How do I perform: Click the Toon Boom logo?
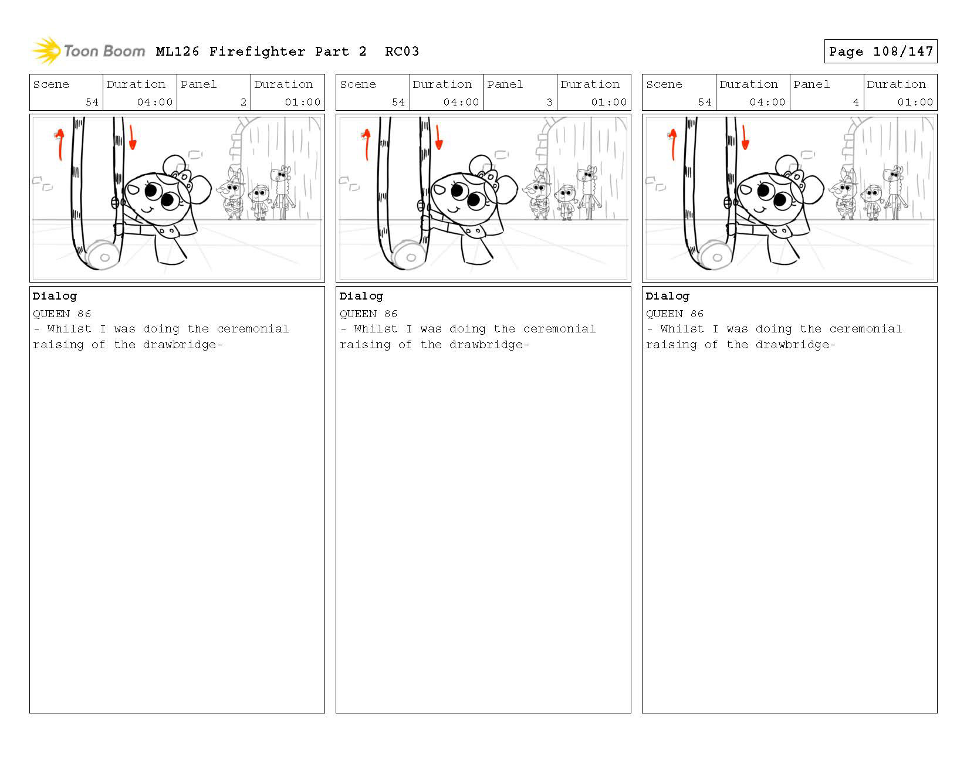[88, 50]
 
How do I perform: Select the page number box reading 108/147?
[880, 51]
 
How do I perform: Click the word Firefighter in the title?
[257, 52]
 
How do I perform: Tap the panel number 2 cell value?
[243, 102]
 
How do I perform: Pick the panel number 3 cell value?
[549, 102]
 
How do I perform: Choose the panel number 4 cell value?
[856, 102]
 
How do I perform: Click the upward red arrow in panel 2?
[59, 144]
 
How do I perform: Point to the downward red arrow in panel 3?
[439, 137]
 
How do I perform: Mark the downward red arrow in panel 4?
[745, 137]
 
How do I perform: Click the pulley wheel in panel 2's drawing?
[103, 256]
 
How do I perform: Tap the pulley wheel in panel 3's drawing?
[410, 256]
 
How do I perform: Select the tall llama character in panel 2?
[282, 192]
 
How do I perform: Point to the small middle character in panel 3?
[566, 202]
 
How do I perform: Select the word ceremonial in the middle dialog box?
[559, 329]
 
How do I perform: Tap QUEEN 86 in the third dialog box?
[675, 314]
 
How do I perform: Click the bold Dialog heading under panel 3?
[361, 297]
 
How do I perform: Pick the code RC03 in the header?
[402, 52]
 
